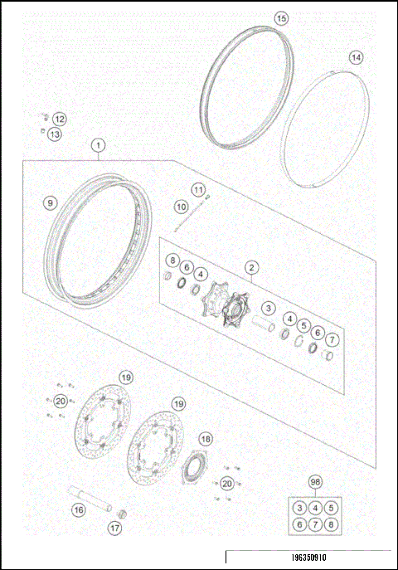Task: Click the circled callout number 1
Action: point(99,146)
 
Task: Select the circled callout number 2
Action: point(250,267)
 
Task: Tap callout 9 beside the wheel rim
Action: point(51,202)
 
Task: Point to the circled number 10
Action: point(182,206)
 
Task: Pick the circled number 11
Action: point(198,190)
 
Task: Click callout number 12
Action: point(60,119)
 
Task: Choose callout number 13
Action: point(54,134)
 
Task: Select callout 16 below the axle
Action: point(78,510)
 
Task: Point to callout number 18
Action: point(205,440)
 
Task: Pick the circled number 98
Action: point(315,482)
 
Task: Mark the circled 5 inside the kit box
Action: point(331,508)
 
